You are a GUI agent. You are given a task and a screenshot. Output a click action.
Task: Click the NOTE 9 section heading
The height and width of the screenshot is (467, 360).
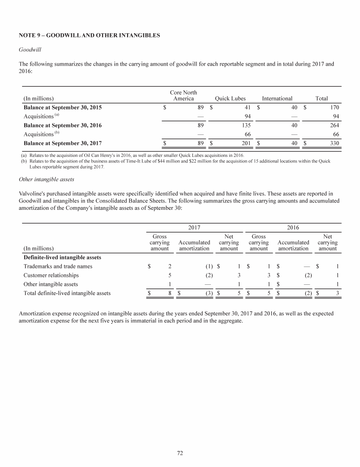click(x=89, y=35)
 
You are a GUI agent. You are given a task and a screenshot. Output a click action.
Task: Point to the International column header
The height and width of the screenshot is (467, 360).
click(x=277, y=99)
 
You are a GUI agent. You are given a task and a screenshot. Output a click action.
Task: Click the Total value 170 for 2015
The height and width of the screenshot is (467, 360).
click(x=322, y=108)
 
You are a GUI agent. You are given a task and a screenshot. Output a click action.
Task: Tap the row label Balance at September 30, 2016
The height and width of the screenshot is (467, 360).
click(x=62, y=126)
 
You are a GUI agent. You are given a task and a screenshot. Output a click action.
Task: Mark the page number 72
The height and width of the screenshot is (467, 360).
click(x=180, y=452)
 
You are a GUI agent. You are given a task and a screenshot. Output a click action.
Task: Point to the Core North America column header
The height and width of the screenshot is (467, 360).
click(x=183, y=96)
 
